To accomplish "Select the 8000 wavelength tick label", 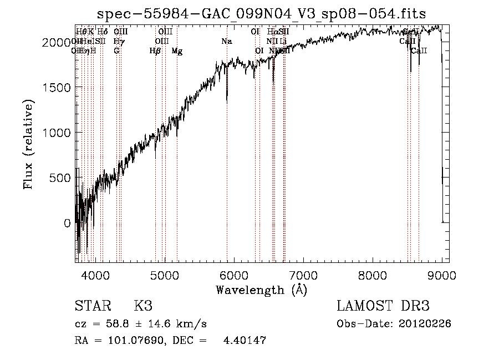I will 372,273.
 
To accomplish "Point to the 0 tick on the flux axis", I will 67,223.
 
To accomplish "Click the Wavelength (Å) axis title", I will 261,289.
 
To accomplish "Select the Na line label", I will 226,42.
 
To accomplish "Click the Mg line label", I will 177,51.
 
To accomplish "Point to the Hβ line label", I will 155,51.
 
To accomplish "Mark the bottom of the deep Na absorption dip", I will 227,102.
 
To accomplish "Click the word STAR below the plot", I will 91,306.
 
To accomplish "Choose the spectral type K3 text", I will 143,306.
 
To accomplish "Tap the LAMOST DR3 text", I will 383,306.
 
